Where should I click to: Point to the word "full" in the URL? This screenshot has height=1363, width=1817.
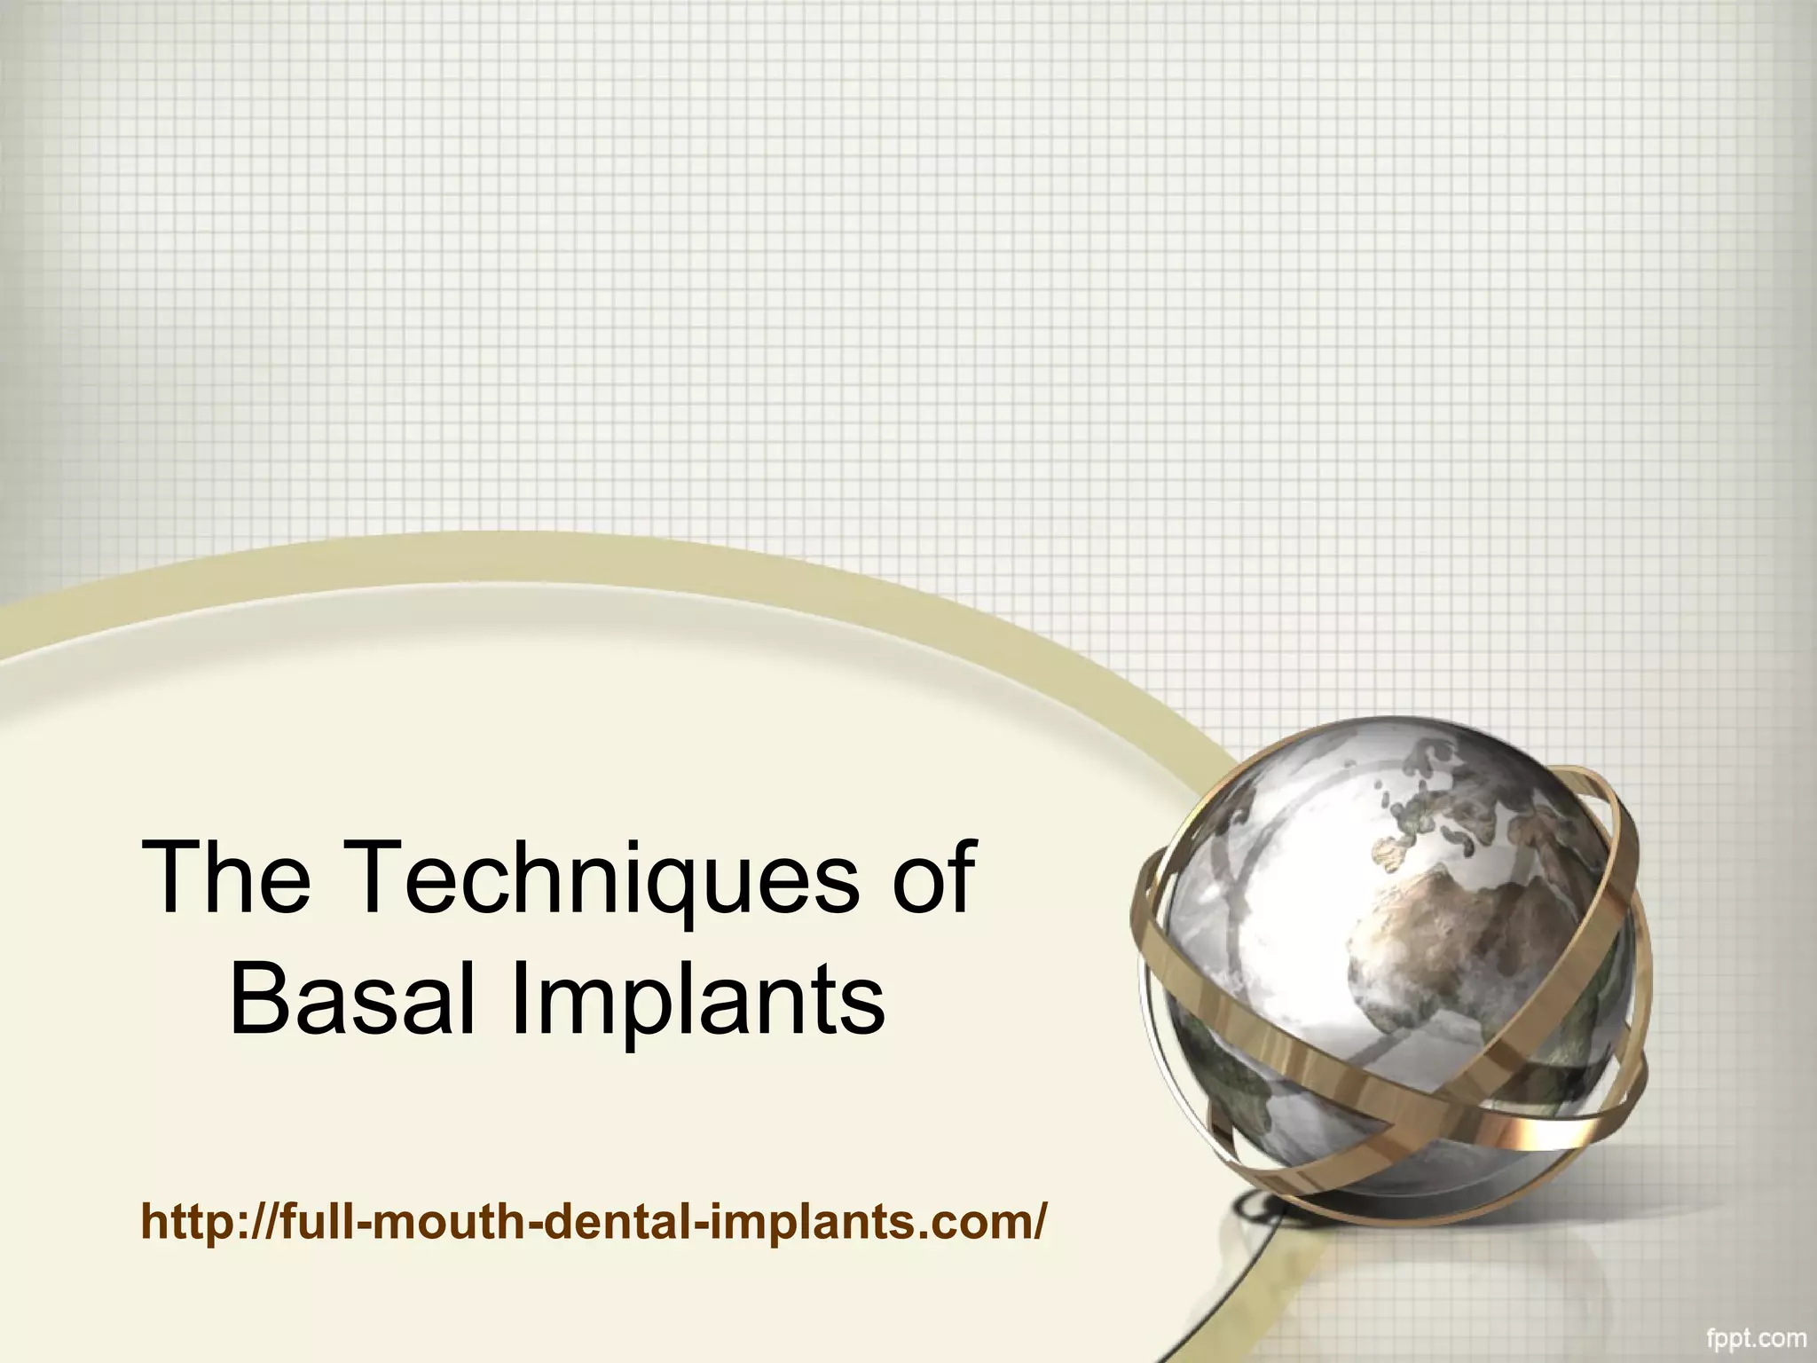319,1221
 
